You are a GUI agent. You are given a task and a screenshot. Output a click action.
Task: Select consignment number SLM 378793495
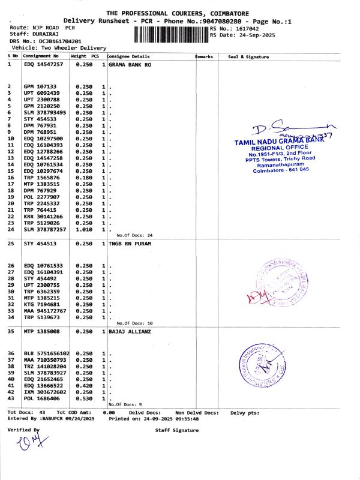[45, 112]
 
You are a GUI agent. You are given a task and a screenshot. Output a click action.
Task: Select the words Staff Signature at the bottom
[176, 430]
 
